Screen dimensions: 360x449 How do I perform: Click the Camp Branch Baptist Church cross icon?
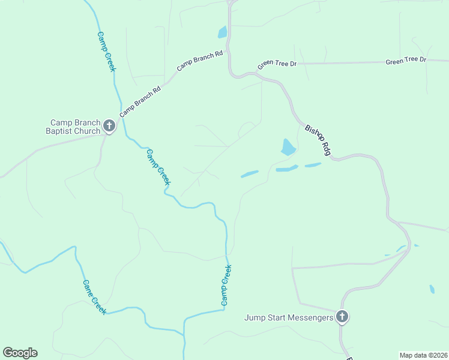tap(109, 125)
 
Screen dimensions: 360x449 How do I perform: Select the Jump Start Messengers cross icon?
tap(342, 316)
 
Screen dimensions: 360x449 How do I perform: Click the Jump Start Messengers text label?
tap(288, 317)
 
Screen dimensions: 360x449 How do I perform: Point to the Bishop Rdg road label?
tap(318, 140)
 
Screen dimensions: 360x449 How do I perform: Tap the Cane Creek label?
tap(94, 296)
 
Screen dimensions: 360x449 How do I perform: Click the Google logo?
tap(20, 353)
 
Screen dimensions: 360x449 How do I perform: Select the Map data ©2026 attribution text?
tap(423, 355)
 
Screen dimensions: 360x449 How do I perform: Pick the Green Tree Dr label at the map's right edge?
tap(406, 61)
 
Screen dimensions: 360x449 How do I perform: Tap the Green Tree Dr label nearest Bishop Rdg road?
tap(277, 64)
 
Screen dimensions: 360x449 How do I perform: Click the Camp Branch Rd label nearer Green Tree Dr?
tap(200, 61)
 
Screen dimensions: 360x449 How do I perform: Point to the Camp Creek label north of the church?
tap(106, 52)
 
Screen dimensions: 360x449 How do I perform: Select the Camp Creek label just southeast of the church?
tap(158, 167)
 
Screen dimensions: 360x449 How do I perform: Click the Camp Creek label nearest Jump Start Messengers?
tap(226, 285)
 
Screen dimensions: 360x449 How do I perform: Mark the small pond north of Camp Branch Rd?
tap(223, 32)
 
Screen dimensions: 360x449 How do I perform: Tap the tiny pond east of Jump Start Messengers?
tap(432, 289)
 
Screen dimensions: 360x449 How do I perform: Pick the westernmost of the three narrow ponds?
tap(250, 174)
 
